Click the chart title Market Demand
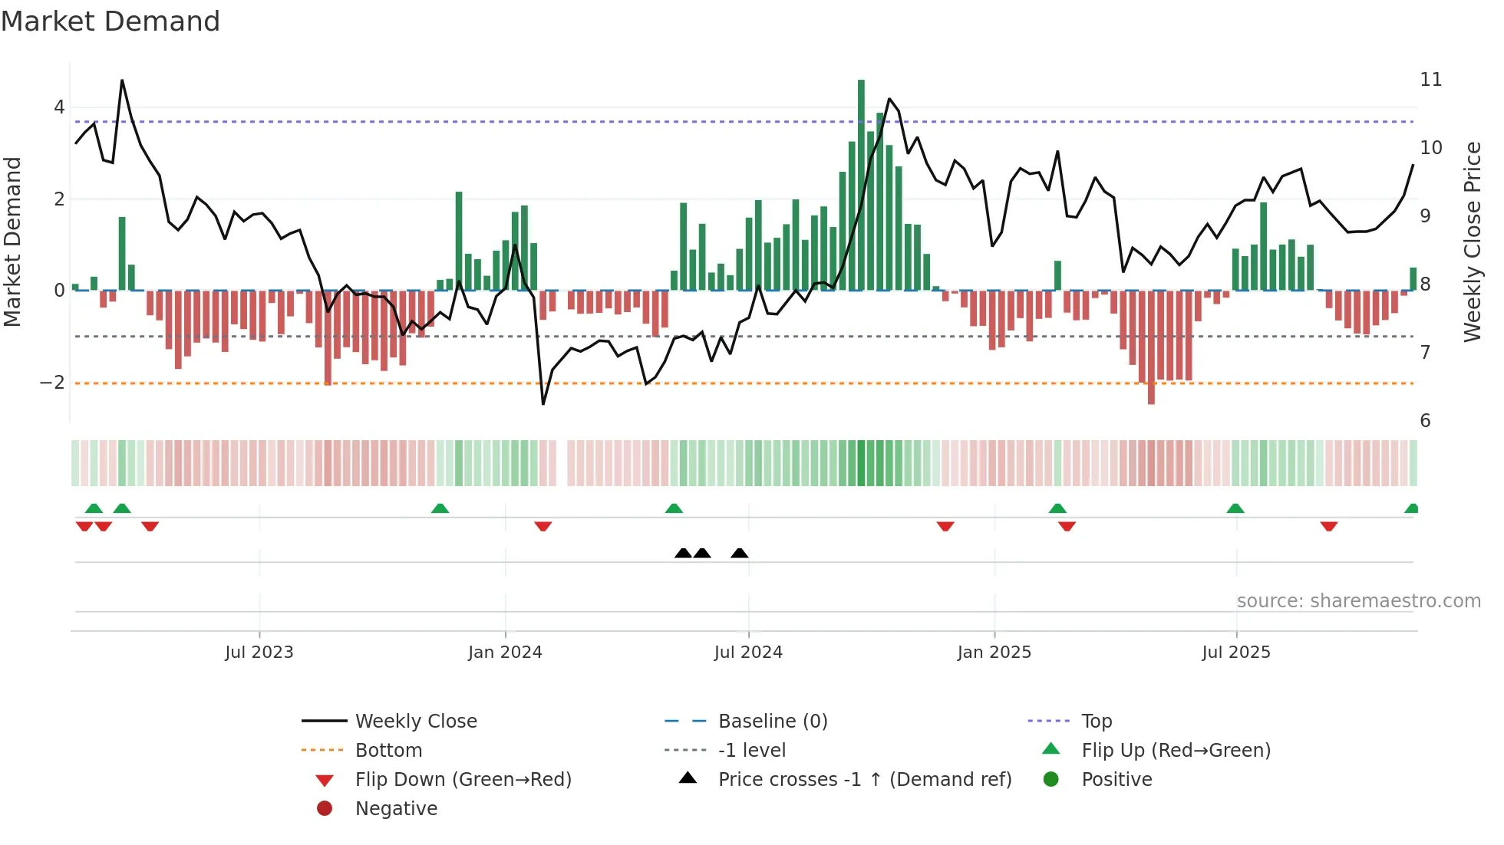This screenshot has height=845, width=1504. click(x=110, y=21)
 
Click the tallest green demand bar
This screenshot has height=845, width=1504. click(x=861, y=184)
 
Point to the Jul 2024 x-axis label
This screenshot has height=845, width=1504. click(x=748, y=653)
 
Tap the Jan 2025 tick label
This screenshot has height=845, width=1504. click(x=994, y=653)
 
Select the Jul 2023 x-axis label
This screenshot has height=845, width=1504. click(x=259, y=653)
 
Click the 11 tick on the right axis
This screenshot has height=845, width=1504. click(x=1430, y=80)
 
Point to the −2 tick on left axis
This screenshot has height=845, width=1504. click(x=52, y=383)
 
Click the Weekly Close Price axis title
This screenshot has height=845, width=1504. click(x=1472, y=242)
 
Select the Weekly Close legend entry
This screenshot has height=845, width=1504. click(x=415, y=722)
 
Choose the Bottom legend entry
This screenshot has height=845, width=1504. click(x=388, y=751)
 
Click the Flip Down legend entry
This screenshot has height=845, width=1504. click(x=463, y=780)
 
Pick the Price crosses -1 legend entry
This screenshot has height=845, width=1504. click(x=864, y=780)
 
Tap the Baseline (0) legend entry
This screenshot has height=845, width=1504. click(x=772, y=722)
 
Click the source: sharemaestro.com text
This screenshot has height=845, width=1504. click(x=1358, y=601)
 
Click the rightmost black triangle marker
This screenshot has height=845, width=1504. click(x=740, y=554)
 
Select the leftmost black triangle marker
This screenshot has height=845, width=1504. click(x=683, y=554)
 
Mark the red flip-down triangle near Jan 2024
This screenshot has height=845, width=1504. click(x=543, y=526)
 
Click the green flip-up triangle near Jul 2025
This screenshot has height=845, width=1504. click(x=1235, y=508)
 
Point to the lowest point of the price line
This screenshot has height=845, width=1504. click(x=543, y=403)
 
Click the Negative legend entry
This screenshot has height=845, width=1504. click(x=396, y=809)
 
